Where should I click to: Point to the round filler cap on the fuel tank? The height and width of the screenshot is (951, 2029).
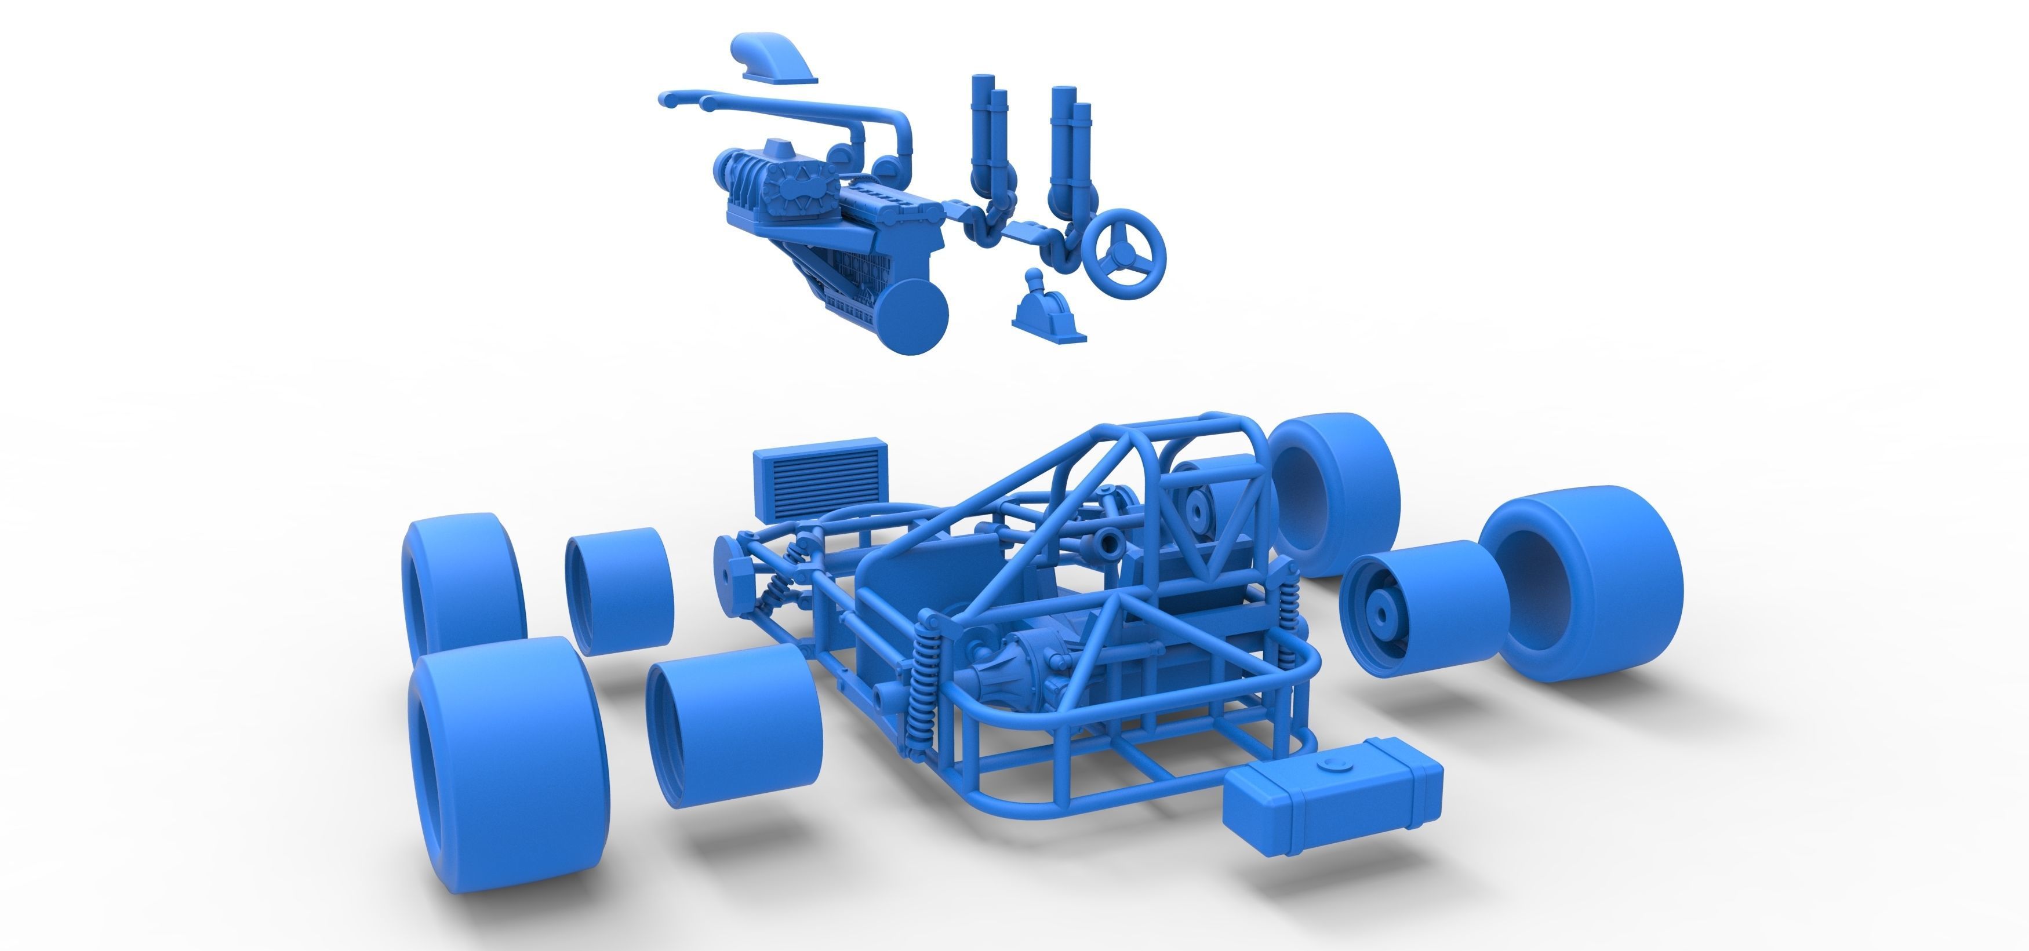1335,764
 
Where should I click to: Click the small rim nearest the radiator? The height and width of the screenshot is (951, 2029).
619,591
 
